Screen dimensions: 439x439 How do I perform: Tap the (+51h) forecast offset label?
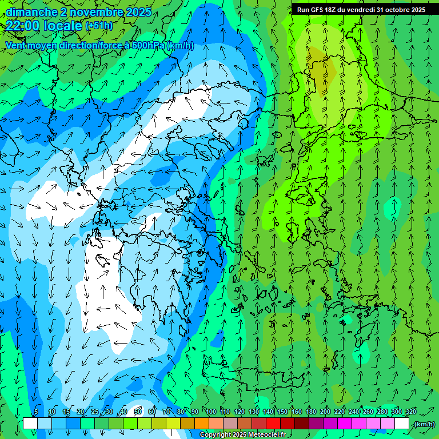(99, 26)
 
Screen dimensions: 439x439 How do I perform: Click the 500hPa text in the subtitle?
(147, 45)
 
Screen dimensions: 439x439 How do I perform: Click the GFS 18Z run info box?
(361, 10)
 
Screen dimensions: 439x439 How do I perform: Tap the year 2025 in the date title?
(139, 12)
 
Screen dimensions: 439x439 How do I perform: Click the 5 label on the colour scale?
(36, 412)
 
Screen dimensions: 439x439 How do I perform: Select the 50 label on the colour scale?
(138, 412)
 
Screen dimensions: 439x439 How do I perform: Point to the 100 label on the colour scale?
(211, 412)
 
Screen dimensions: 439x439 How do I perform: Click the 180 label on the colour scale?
(311, 412)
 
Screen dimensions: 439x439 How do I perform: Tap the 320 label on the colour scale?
(411, 412)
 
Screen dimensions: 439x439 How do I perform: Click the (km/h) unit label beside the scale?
(424, 424)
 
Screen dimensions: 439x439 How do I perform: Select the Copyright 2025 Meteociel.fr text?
(242, 435)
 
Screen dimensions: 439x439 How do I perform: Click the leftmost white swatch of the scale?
(30, 424)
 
